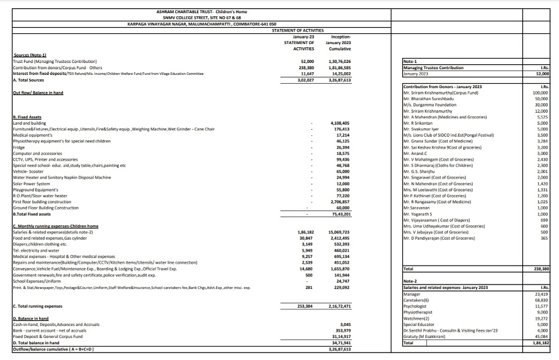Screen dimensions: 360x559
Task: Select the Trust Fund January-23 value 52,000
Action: [305, 62]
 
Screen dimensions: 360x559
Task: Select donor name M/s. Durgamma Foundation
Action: [431, 104]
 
